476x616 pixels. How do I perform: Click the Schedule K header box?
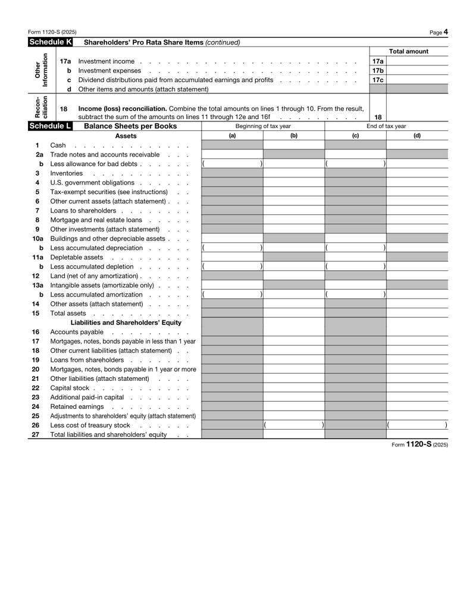pos(51,42)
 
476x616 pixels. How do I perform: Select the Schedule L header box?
pos(51,126)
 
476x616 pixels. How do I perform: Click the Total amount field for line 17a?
pos(417,61)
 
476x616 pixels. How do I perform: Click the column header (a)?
pos(232,136)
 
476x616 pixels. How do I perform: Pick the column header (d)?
pos(417,136)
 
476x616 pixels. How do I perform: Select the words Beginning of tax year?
pos(263,126)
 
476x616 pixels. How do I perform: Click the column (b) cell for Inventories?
pos(293,173)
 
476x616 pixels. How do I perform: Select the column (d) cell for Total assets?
pos(417,313)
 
